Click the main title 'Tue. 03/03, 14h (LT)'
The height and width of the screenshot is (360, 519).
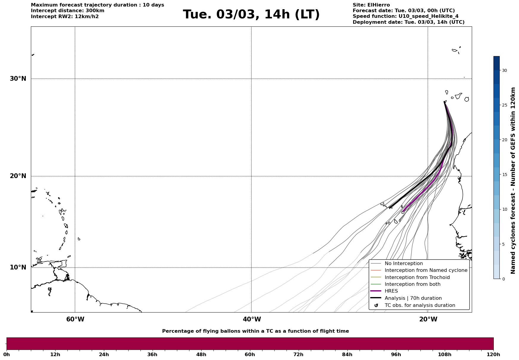(251, 15)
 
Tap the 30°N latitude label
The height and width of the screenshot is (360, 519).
(18, 79)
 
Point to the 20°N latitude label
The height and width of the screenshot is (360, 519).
(18, 176)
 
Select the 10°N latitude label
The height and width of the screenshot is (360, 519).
(18, 267)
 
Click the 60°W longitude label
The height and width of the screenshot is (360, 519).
(75, 319)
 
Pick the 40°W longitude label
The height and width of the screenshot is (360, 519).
(252, 319)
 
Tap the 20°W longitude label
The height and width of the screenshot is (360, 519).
(428, 319)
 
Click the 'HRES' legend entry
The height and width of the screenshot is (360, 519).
(391, 291)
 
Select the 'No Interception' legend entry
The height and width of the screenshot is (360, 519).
(404, 264)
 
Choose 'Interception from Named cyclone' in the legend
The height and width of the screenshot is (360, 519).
(426, 270)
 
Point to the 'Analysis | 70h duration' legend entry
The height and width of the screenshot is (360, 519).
(413, 298)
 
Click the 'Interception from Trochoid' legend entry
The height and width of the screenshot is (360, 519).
(417, 277)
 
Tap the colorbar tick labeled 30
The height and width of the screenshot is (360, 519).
(504, 70)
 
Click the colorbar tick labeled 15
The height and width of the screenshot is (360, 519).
(504, 175)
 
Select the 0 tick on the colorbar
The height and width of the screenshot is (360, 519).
(503, 279)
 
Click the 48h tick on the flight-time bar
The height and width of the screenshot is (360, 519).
(201, 354)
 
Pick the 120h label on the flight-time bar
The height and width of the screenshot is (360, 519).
(493, 354)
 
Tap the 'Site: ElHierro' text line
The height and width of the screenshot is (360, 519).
(371, 5)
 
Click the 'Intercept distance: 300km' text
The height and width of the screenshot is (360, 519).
(67, 11)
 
